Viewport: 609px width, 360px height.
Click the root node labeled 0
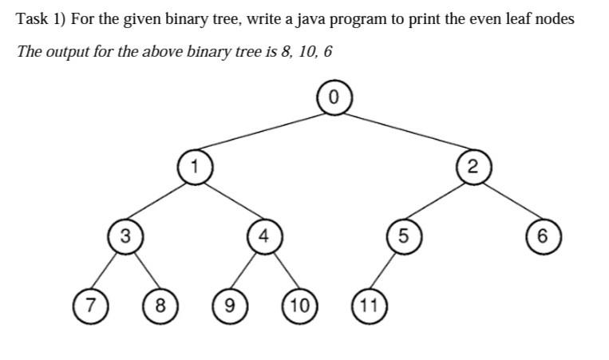pos(334,98)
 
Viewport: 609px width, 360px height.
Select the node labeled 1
pos(194,166)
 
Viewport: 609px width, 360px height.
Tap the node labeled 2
pos(473,166)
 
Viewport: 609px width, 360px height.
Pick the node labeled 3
pos(125,235)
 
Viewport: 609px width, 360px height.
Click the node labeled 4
pos(263,235)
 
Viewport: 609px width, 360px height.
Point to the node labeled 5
pos(402,235)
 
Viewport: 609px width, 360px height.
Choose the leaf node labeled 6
pos(542,235)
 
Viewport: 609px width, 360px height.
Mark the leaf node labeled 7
pos(90,304)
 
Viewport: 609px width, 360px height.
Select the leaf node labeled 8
pos(160,304)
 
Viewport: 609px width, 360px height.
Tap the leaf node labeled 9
pos(229,304)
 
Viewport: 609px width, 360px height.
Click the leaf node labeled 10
pos(299,304)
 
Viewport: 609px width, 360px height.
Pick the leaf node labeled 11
pos(368,304)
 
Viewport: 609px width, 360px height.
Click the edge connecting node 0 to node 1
pos(263,133)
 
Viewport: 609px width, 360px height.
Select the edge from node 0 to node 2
pos(403,132)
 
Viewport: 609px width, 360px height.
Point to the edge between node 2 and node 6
pos(508,201)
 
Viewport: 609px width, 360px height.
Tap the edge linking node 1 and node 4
pos(229,201)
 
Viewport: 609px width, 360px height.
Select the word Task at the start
pos(33,19)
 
